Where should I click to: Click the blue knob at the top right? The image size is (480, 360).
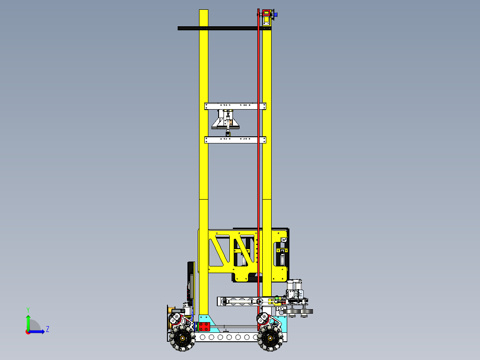[276, 15]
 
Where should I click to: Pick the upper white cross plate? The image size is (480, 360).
[235, 106]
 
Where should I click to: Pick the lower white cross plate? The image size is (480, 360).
[235, 140]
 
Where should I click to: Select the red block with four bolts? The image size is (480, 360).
[204, 326]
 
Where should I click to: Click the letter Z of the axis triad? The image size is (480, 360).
[48, 329]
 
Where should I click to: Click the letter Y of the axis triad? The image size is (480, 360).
[28, 309]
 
